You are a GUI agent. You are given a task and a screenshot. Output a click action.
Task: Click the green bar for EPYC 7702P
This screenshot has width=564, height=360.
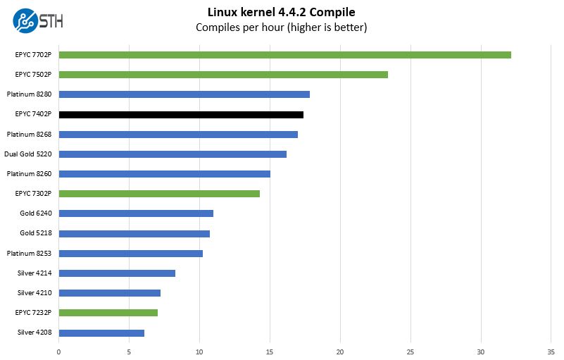point(284,54)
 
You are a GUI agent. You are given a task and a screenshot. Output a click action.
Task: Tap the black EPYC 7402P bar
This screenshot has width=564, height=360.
point(181,114)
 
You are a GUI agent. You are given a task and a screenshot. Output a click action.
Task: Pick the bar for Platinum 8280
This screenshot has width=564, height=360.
point(184,94)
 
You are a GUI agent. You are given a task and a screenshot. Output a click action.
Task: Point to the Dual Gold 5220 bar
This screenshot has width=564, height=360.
point(173,154)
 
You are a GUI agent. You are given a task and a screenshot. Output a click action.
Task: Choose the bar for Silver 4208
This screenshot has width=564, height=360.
point(101,333)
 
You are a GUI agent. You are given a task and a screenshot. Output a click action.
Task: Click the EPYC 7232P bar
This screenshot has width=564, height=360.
point(108,312)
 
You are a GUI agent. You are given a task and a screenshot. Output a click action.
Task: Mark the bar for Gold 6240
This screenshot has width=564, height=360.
point(136,213)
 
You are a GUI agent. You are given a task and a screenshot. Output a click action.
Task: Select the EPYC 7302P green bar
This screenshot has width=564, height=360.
point(159,194)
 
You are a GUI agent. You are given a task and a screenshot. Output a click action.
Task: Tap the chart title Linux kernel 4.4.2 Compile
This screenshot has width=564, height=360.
point(282,12)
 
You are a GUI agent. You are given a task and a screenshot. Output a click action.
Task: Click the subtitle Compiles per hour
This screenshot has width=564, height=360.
point(282,27)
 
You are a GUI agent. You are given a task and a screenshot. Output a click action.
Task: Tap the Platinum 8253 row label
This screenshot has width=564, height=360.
point(29,253)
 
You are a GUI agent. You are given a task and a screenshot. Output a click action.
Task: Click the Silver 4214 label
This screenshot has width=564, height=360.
point(35,273)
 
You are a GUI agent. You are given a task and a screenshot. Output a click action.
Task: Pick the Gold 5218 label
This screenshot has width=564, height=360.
point(36,233)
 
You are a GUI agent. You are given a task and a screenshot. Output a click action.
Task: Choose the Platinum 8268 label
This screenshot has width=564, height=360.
point(29,134)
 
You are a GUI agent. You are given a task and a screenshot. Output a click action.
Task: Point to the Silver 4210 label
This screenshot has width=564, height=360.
point(35,292)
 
